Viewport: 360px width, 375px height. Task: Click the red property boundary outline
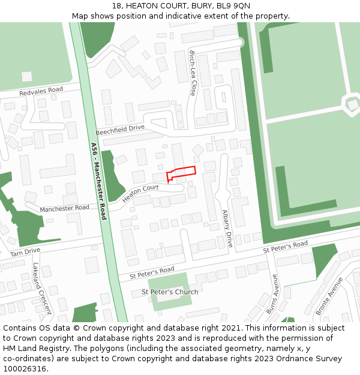(x=181, y=172)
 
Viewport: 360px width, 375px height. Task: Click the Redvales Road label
(x=41, y=92)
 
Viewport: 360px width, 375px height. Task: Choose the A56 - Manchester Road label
(x=98, y=181)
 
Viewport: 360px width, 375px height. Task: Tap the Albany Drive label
(x=227, y=229)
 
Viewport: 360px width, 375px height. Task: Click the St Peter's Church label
(x=170, y=292)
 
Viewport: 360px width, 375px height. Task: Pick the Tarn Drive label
(x=25, y=253)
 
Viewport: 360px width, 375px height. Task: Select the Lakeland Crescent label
(x=42, y=289)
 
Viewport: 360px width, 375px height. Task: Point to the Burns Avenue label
(x=274, y=294)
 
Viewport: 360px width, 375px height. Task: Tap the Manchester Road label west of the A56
(x=64, y=208)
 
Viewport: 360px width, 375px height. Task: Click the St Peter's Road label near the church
(x=152, y=273)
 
